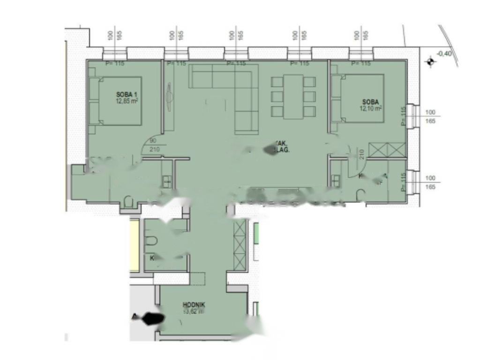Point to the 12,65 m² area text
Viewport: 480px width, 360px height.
(x=127, y=100)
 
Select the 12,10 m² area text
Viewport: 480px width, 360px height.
(x=371, y=108)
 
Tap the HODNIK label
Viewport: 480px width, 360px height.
(x=194, y=304)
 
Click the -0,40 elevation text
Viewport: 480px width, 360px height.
(x=444, y=53)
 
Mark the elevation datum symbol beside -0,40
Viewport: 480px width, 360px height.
(x=429, y=62)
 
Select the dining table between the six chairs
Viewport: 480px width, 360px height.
(x=293, y=97)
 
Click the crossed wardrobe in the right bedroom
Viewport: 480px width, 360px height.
(x=386, y=150)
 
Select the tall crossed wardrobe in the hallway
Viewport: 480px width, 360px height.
(x=240, y=244)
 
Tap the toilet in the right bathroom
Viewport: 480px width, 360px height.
(x=360, y=196)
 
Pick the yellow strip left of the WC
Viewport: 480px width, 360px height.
(x=135, y=245)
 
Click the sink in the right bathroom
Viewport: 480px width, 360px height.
(x=336, y=180)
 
